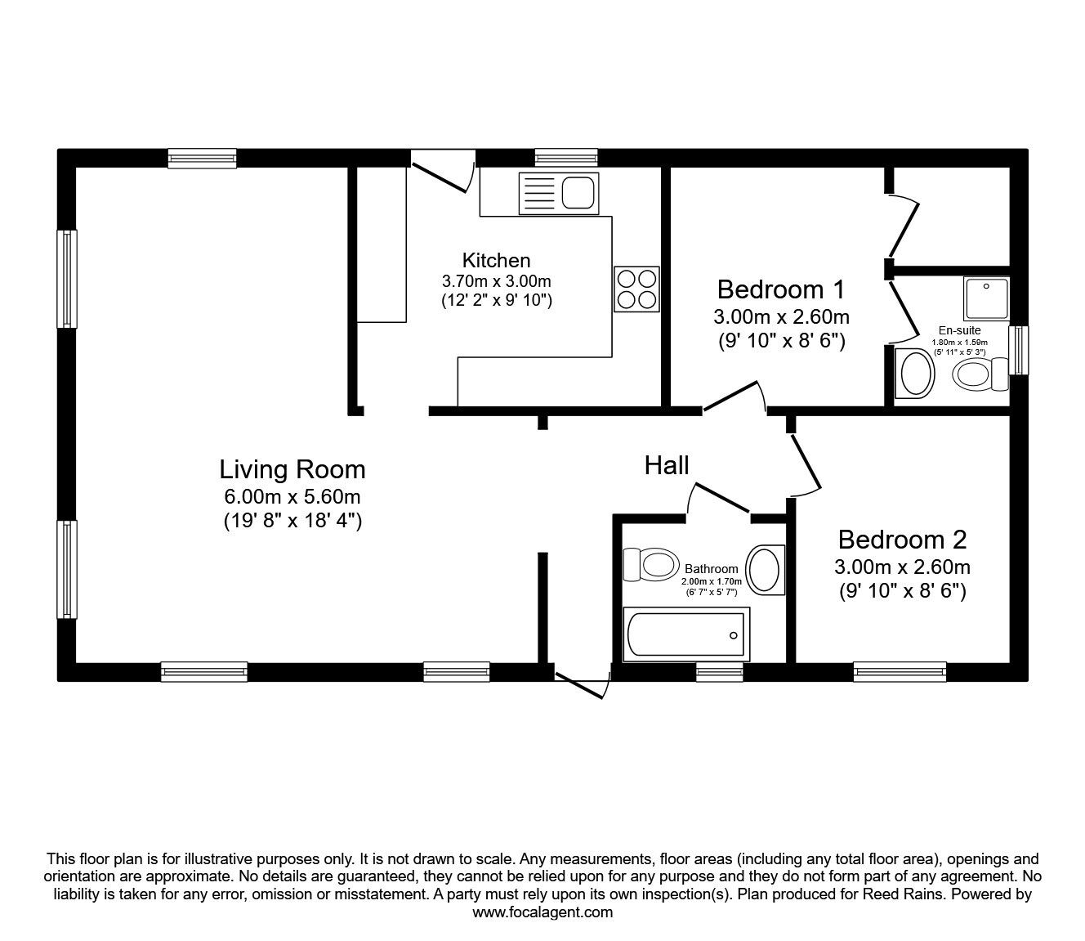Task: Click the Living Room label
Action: coord(292,469)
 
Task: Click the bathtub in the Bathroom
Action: coord(685,635)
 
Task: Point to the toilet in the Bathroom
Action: coord(650,564)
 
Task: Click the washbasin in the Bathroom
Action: coord(766,569)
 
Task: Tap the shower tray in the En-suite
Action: coord(986,298)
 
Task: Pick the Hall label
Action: coord(667,465)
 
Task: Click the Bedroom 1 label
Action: coord(780,289)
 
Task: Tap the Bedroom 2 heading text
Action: coord(902,540)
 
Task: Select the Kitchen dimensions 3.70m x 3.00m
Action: coord(496,281)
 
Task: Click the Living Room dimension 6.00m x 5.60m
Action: coord(292,496)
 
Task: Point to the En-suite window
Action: coord(1017,351)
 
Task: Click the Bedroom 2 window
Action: coord(900,671)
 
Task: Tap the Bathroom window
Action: coord(719,671)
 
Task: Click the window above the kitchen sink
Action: coord(565,158)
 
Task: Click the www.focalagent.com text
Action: coord(542,912)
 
